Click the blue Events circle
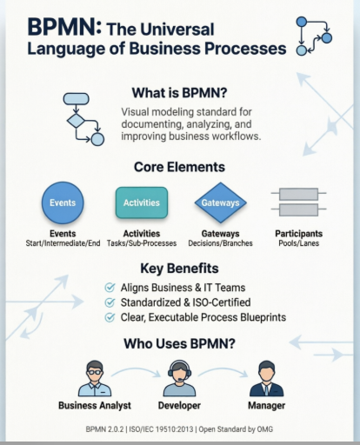point(62,203)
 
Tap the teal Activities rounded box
point(141,203)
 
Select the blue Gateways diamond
point(220,203)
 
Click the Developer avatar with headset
point(179,377)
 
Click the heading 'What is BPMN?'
point(180,93)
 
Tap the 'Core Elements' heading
point(180,166)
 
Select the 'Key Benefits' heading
point(180,269)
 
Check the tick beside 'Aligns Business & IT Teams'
point(109,287)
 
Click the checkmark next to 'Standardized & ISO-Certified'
point(109,302)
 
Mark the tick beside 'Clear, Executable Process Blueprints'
point(109,318)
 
